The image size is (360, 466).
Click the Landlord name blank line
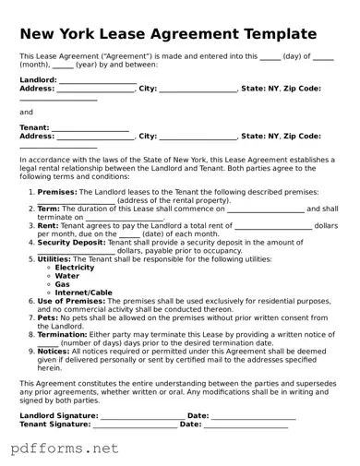pos(97,82)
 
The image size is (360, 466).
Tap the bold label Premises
pos(57,192)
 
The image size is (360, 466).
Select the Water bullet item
pos(67,276)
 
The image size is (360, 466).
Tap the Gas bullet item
pos(63,284)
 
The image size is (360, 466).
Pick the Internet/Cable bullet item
pos(83,293)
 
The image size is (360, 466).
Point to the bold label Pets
pos(48,317)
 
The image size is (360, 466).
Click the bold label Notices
pos(53,351)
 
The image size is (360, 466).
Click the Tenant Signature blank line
pos(134,426)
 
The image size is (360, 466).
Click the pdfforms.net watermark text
pos(65,449)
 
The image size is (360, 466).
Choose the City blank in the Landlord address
pos(198,90)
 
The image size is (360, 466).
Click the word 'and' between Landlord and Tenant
pos(26,112)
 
